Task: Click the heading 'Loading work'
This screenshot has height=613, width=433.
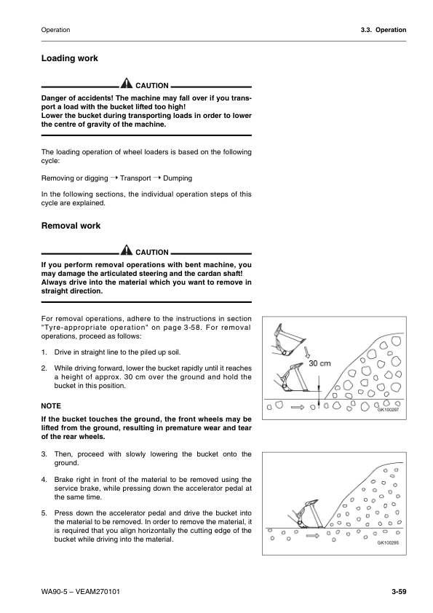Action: tap(70, 58)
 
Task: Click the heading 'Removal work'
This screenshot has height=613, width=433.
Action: tap(71, 226)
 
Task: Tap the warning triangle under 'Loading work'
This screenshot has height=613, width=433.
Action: tap(127, 85)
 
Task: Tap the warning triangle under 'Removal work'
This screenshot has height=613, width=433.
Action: tap(127, 252)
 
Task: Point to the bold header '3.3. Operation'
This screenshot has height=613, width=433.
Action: tap(383, 30)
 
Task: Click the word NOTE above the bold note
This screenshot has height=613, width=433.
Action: tap(52, 406)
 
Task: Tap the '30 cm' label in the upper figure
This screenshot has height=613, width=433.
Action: tap(319, 363)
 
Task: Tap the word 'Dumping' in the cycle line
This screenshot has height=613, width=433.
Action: tap(178, 178)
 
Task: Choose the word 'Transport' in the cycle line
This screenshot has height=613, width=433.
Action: tap(135, 178)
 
